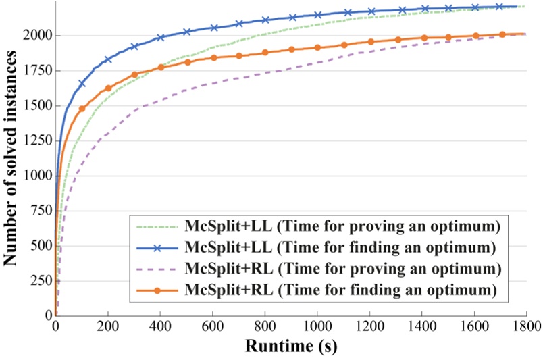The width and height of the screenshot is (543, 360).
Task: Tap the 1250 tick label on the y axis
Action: (36, 147)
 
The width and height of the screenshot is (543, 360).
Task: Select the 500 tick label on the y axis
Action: (42, 259)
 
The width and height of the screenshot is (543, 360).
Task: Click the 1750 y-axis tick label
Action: (36, 91)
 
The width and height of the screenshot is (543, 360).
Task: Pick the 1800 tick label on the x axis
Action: (525, 326)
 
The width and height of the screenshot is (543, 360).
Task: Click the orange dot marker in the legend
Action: (157, 292)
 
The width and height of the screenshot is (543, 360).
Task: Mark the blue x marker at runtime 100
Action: (82, 84)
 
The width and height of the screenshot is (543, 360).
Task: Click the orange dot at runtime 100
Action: (82, 109)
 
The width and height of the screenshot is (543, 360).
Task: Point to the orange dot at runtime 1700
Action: (502, 34)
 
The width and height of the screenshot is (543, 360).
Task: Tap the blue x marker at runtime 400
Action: (161, 38)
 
